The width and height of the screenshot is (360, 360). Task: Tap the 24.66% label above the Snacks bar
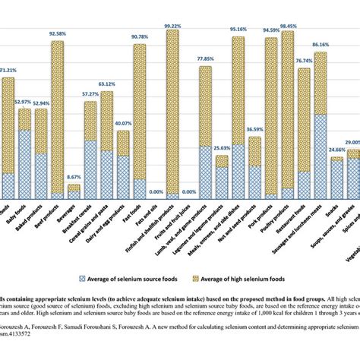(x=336, y=150)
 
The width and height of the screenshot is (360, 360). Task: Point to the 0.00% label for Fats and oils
(x=156, y=193)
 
